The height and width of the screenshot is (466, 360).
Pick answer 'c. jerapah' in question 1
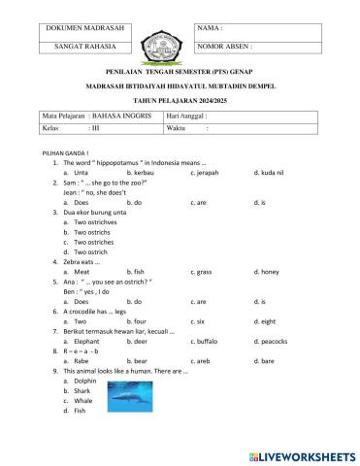(x=209, y=172)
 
